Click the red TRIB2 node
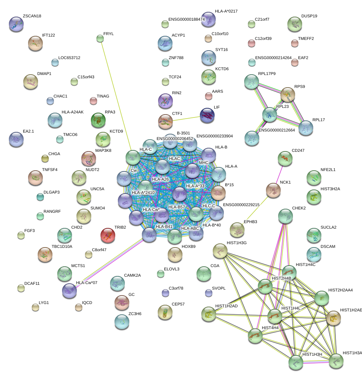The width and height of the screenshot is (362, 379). coord(108,235)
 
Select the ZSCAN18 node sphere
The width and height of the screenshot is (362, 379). coord(16,24)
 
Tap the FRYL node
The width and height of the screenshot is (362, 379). coord(100,38)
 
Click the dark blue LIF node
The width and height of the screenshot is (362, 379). coord(207,116)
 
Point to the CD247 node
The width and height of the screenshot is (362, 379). coord(285,158)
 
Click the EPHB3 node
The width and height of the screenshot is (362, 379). coord(237,230)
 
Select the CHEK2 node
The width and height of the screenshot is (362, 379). coord(285,216)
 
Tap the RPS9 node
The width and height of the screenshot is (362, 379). coord(288,95)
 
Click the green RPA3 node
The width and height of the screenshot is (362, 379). coord(98,120)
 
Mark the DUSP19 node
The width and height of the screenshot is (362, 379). coord(294,24)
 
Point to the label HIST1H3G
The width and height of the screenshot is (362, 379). coord(226,243)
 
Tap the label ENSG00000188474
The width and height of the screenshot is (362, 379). coord(186,19)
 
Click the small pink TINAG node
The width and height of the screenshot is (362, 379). coord(93,101)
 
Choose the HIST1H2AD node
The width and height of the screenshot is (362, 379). coord(208,314)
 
